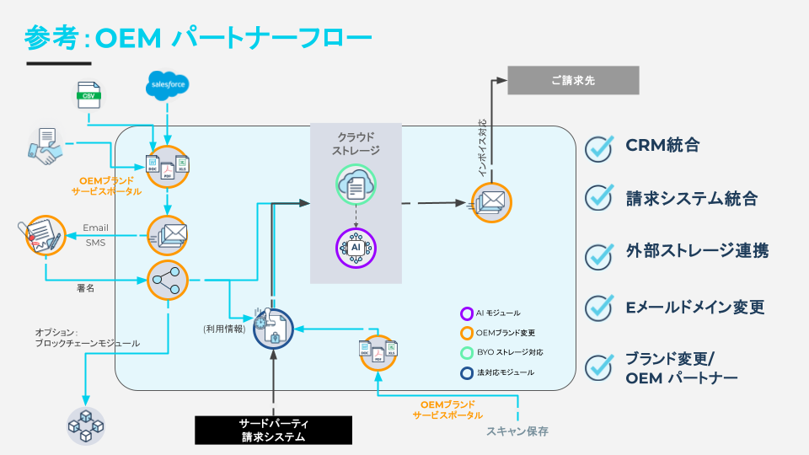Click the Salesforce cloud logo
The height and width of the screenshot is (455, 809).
(167, 84)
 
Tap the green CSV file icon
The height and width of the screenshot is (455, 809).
(88, 95)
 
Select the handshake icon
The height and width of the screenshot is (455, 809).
(46, 146)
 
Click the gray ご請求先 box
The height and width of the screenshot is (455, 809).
(573, 81)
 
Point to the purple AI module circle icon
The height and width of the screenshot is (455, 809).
(356, 248)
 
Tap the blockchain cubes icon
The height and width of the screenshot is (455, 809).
(86, 426)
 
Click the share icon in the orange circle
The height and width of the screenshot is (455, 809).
(167, 281)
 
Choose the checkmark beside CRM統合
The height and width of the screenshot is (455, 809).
(599, 147)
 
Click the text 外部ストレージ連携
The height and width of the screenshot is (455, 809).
(696, 251)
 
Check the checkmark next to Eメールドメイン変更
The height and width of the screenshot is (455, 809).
(599, 306)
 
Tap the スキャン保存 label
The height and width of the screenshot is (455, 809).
(517, 431)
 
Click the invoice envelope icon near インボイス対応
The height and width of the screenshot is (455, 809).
(491, 203)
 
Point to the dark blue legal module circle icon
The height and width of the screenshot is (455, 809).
(273, 329)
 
